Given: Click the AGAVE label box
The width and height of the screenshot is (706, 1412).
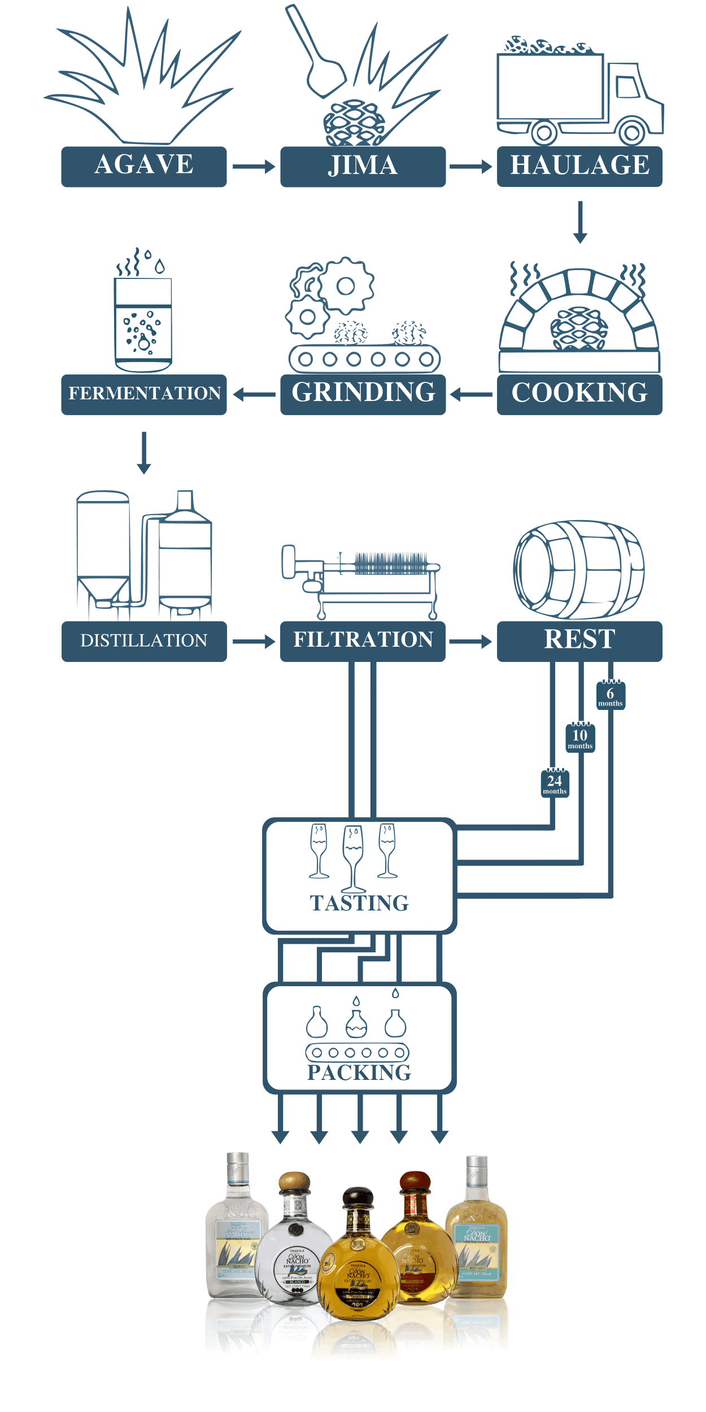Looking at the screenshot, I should click(x=144, y=167).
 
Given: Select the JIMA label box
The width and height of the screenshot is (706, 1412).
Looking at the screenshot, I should click(x=363, y=167).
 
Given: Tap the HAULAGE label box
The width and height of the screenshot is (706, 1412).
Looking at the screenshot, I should click(x=579, y=167).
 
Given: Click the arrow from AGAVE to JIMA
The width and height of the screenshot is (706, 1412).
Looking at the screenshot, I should click(x=254, y=167).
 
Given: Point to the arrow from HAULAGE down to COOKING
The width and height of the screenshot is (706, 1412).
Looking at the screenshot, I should click(x=580, y=222).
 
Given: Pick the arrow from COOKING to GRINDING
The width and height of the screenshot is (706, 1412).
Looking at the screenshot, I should click(x=472, y=394).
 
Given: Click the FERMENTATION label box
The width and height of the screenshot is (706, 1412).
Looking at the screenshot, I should click(x=144, y=394).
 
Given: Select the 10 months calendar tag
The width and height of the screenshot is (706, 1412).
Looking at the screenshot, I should click(x=580, y=738).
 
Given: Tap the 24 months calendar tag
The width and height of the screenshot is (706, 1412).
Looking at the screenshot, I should click(x=555, y=783).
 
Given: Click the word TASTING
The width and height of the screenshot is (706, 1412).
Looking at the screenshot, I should click(x=359, y=903).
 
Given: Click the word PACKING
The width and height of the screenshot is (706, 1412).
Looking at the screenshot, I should click(x=359, y=1073).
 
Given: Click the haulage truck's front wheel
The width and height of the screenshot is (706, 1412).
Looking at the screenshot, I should click(x=632, y=133).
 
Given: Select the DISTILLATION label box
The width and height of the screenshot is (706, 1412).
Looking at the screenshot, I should click(x=144, y=641).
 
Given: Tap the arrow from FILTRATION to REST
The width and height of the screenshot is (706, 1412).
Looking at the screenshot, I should click(x=470, y=641).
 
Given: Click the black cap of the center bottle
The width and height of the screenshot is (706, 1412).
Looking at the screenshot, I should click(x=358, y=1197).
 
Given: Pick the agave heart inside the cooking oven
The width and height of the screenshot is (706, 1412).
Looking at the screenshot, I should click(x=579, y=328).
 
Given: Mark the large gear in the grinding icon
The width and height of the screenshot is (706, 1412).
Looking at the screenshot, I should click(x=346, y=286).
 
